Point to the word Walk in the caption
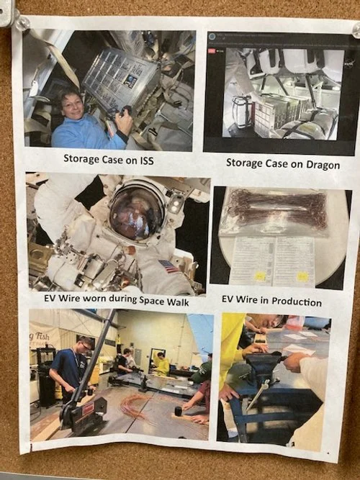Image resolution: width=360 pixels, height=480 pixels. [175, 301]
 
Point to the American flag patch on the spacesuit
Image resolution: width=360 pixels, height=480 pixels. [168, 266]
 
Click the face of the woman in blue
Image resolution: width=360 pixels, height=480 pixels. [73, 108]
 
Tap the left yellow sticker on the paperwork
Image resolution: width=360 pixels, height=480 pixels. [259, 275]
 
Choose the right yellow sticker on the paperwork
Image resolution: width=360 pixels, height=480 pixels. [302, 276]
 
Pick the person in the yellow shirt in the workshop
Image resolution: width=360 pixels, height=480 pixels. [163, 363]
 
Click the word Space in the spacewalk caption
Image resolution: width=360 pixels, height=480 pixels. [143, 301]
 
